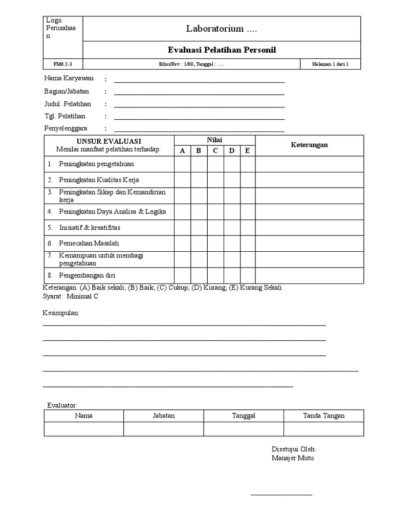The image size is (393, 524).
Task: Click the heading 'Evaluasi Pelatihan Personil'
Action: coord(222,50)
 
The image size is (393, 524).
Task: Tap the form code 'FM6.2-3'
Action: coord(62,64)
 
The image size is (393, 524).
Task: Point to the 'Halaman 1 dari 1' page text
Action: coord(330,64)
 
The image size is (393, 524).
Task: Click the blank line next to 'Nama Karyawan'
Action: coord(199,80)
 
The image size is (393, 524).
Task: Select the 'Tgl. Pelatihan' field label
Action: coord(68,117)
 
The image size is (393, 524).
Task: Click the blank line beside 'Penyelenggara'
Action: coord(199,129)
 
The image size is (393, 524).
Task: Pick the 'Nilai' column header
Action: coord(214,140)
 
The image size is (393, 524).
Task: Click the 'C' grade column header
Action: coord(215,150)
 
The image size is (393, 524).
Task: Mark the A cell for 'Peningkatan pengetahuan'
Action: coord(183,164)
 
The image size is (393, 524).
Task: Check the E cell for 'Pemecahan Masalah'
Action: coord(248,244)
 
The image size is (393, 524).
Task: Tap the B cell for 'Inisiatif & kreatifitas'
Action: coord(199,228)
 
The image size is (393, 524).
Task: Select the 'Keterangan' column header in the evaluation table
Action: coord(309,145)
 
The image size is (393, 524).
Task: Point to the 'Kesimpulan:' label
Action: coord(61,313)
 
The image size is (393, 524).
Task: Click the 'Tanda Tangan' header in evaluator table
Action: coord(323,416)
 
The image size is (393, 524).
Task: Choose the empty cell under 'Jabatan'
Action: coord(163,429)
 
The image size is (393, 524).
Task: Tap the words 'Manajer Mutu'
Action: coord(292,458)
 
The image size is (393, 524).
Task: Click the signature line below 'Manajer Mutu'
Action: coord(281,494)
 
